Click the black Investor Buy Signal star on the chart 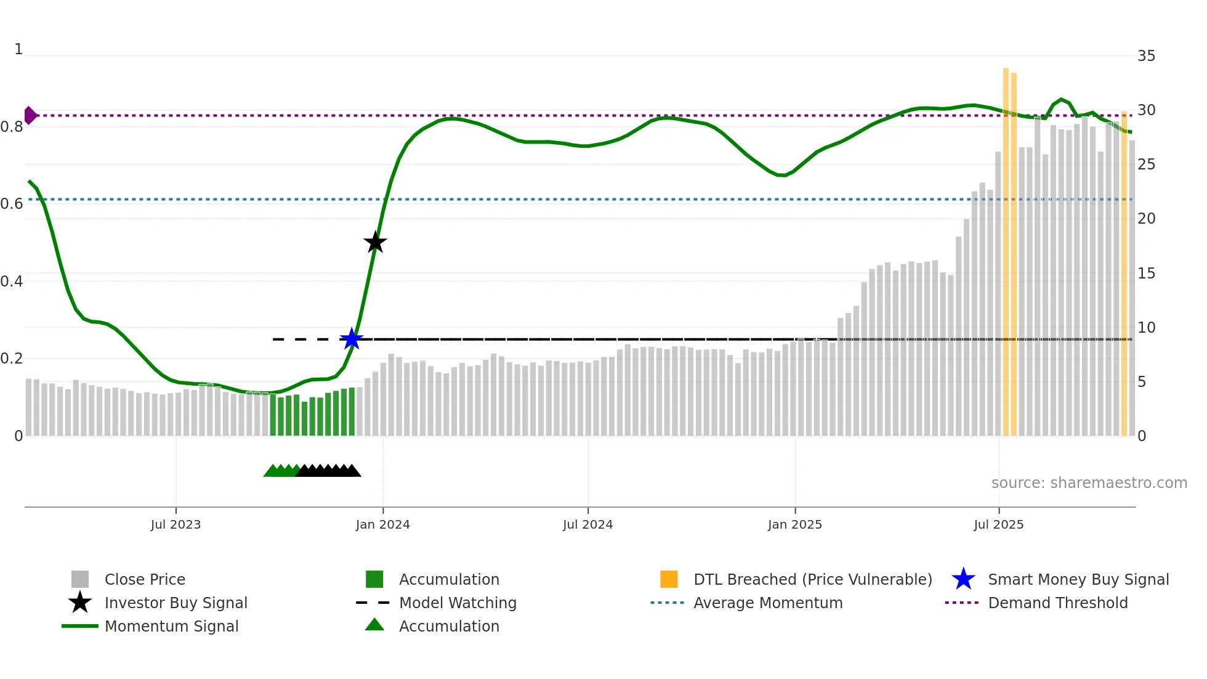pyautogui.click(x=375, y=242)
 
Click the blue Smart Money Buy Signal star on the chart pyautogui.click(x=352, y=339)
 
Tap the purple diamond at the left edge pyautogui.click(x=30, y=115)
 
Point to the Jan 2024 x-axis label pyautogui.click(x=382, y=524)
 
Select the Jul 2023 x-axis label pyautogui.click(x=176, y=524)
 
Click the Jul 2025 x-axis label pyautogui.click(x=998, y=524)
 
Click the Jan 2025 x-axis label pyautogui.click(x=794, y=524)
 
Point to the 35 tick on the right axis pyautogui.click(x=1146, y=56)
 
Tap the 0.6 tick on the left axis pyautogui.click(x=12, y=204)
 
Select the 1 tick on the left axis pyautogui.click(x=18, y=49)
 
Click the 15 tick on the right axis pyautogui.click(x=1146, y=274)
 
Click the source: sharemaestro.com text pyautogui.click(x=1089, y=483)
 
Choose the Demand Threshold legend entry pyautogui.click(x=1057, y=603)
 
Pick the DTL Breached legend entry pyautogui.click(x=812, y=579)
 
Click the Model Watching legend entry pyautogui.click(x=457, y=603)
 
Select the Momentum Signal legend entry pyautogui.click(x=171, y=626)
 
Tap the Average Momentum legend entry pyautogui.click(x=767, y=603)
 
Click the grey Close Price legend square pyautogui.click(x=80, y=579)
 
